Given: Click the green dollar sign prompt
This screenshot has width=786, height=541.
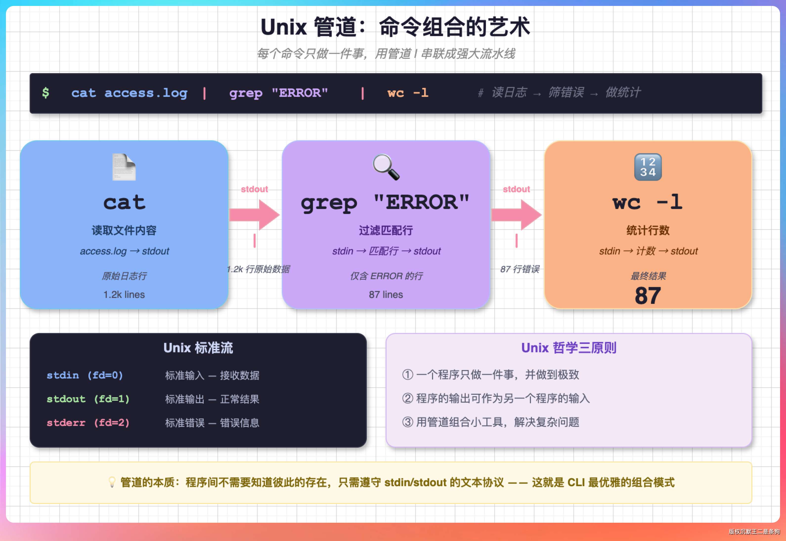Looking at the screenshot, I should click(46, 93).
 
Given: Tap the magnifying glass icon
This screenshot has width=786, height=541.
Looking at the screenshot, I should click(386, 167).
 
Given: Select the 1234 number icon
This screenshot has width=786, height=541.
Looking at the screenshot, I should click(648, 167).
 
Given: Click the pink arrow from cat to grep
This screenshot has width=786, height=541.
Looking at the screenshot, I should click(254, 215).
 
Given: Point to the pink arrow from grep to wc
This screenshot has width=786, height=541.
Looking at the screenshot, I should click(516, 215).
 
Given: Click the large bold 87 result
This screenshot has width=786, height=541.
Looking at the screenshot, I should click(648, 296).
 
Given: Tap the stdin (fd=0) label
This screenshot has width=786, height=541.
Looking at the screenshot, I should click(85, 375).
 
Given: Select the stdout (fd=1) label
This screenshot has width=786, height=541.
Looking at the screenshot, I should click(88, 399).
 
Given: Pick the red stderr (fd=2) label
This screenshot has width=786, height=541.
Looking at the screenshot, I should click(88, 423).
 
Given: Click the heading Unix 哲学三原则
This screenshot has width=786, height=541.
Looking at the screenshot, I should click(569, 348).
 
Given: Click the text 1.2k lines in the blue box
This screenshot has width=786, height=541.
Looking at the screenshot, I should click(124, 294).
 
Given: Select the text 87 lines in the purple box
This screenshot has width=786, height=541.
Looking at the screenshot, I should click(386, 294).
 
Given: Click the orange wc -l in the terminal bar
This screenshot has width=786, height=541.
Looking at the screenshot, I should click(408, 93).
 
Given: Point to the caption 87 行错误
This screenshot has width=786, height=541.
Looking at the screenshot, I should click(520, 269).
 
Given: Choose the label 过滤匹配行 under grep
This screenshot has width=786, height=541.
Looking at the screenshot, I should click(386, 230).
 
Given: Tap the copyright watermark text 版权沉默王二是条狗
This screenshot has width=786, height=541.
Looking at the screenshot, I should click(754, 532).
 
